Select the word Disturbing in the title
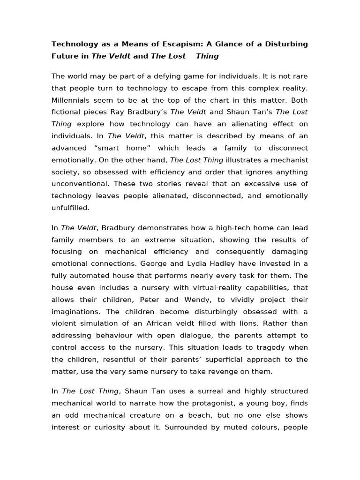[x=284, y=44]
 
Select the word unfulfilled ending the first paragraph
[x=70, y=208]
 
